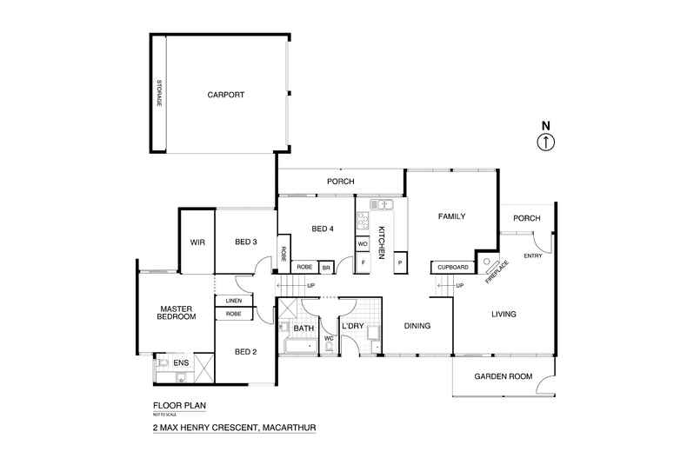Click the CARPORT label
point(226,96)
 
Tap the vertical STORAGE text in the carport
point(159,94)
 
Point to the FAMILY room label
point(452,216)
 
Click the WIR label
point(197,242)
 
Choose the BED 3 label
point(245,242)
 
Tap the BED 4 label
point(323,229)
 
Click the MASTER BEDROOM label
point(174,313)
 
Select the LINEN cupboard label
point(234,301)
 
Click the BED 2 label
point(245,351)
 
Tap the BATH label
point(303,329)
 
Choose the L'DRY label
point(352,326)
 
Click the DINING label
point(418,326)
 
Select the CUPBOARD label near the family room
point(453,267)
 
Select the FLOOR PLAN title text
point(180,406)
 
